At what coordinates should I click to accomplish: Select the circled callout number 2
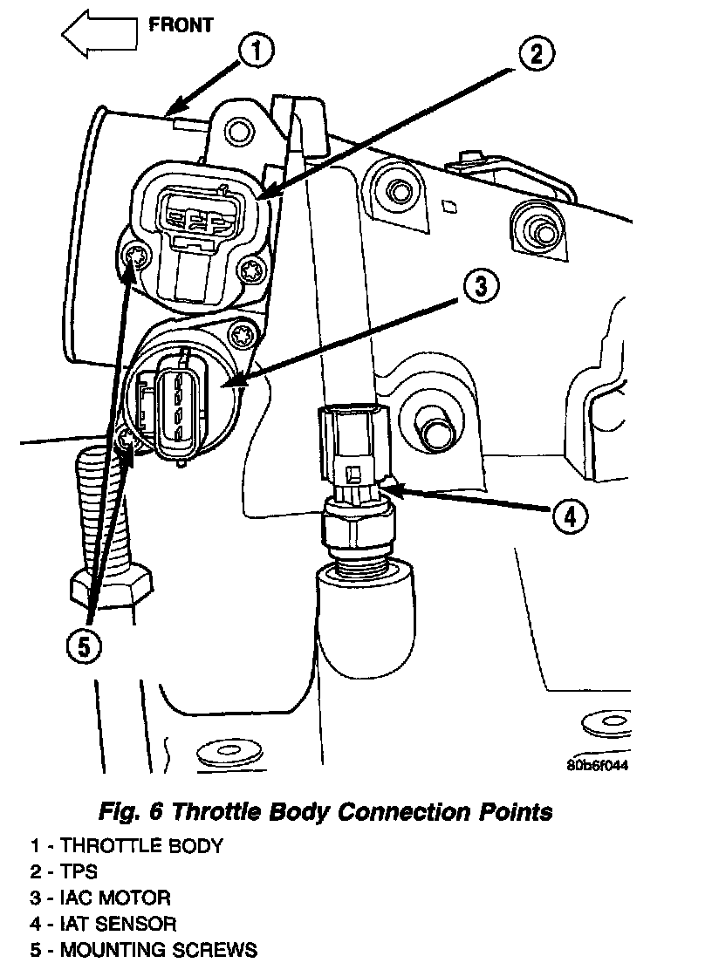pyautogui.click(x=536, y=54)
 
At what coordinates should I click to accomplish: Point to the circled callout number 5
pyautogui.click(x=85, y=645)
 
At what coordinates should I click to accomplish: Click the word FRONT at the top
pyautogui.click(x=180, y=24)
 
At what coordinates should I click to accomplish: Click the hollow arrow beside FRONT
pyautogui.click(x=99, y=35)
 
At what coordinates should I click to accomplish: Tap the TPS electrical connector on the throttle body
pyautogui.click(x=197, y=216)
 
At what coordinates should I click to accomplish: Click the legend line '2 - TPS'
pyautogui.click(x=64, y=871)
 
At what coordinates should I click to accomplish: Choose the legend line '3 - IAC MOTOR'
pyautogui.click(x=100, y=898)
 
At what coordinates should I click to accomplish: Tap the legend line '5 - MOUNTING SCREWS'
pyautogui.click(x=144, y=950)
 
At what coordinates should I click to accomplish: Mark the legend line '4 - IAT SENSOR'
pyautogui.click(x=103, y=924)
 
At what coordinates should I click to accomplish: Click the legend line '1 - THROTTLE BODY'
pyautogui.click(x=127, y=845)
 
